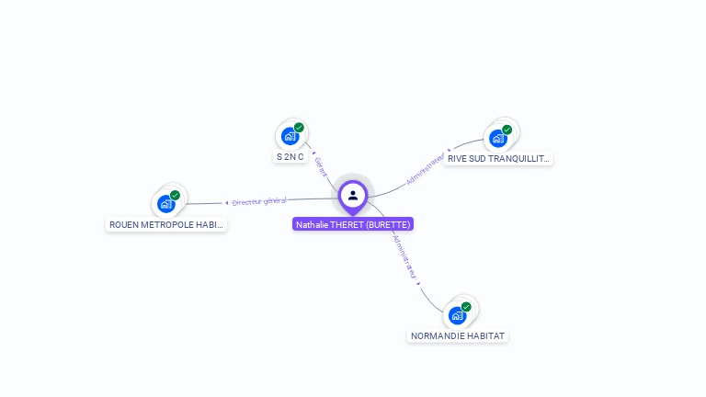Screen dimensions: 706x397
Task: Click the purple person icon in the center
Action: tap(353, 195)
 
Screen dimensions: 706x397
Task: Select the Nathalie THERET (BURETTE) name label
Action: tap(353, 224)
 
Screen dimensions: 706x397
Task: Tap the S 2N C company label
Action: tap(290, 157)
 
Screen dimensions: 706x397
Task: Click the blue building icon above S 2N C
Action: tap(290, 137)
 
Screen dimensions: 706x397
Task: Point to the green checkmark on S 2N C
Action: tap(299, 128)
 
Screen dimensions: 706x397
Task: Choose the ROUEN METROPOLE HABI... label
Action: tap(166, 224)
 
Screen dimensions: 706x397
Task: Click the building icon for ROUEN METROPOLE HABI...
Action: tap(166, 204)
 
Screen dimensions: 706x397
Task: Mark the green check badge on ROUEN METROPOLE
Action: tap(175, 195)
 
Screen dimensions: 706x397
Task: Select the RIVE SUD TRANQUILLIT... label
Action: tap(498, 158)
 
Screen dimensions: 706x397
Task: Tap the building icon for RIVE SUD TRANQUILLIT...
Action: tap(498, 138)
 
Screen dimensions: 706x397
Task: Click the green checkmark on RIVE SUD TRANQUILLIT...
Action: tap(507, 130)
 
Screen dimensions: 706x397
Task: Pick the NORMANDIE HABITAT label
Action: tap(458, 336)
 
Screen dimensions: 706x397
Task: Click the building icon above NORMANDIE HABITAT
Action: tap(458, 315)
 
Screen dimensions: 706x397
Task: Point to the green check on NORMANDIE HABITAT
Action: tap(466, 307)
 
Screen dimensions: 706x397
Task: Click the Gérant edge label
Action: tap(320, 166)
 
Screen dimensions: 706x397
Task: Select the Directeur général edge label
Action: tap(259, 200)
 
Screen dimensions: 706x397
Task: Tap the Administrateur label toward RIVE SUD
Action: tap(425, 169)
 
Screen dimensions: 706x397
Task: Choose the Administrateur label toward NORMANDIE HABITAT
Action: tap(404, 256)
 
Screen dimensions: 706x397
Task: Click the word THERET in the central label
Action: tap(347, 224)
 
